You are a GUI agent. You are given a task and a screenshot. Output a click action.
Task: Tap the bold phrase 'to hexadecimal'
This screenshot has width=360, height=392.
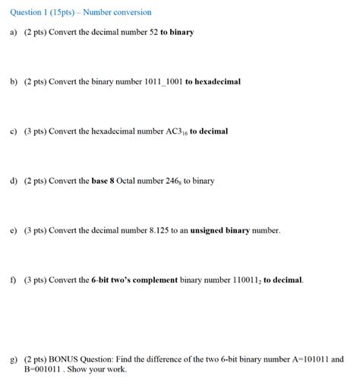[213, 81]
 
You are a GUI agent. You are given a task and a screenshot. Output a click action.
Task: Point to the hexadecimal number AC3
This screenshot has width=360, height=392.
[175, 131]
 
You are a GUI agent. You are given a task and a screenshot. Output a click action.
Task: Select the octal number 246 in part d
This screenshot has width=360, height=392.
[169, 181]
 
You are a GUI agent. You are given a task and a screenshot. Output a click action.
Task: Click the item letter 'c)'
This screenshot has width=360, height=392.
[14, 131]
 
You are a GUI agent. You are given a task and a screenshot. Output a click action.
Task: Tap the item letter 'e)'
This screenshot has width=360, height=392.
[14, 230]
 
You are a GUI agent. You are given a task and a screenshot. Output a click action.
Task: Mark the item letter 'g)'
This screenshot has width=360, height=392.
[14, 359]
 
